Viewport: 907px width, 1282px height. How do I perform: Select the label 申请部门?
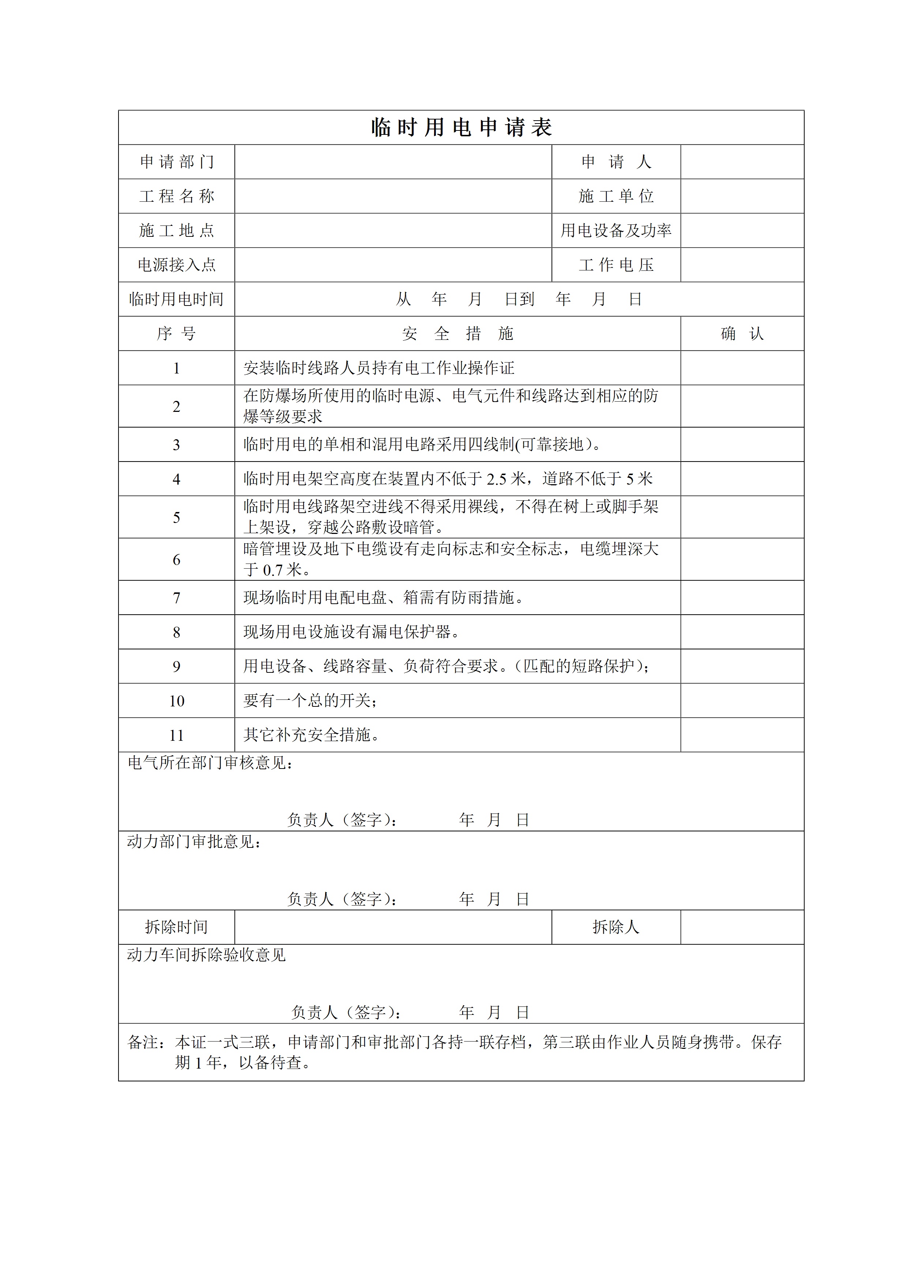pos(177,162)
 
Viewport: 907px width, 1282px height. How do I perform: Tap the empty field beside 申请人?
pos(742,162)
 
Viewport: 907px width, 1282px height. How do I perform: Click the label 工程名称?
pos(177,196)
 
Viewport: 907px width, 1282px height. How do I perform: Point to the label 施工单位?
pos(616,196)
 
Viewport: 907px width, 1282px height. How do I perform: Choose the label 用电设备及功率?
pos(616,231)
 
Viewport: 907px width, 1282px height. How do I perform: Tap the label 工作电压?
pos(616,265)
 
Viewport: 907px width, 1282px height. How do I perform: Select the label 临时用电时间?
pos(177,299)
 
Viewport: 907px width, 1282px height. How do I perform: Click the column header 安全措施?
pos(457,334)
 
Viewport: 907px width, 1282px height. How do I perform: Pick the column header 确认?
pos(742,334)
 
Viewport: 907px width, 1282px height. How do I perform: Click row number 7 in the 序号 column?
pos(177,598)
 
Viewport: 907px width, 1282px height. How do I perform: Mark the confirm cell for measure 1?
pos(742,368)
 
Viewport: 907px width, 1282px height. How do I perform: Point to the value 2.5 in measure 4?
pos(497,479)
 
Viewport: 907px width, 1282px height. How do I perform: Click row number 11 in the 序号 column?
pos(177,735)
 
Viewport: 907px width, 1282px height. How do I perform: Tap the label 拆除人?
pos(616,928)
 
